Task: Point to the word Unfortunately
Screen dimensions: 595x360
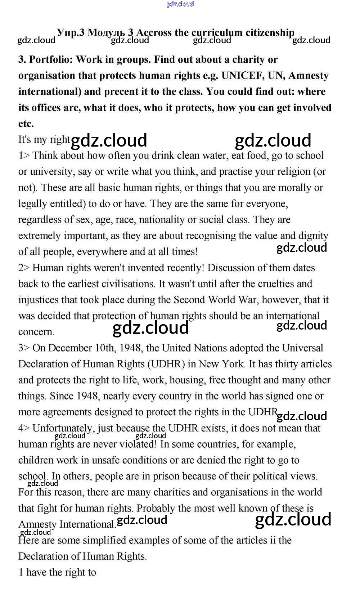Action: tap(62, 428)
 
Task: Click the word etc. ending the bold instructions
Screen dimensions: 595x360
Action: tap(26, 124)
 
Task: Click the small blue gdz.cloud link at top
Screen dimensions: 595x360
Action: tap(180, 4)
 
